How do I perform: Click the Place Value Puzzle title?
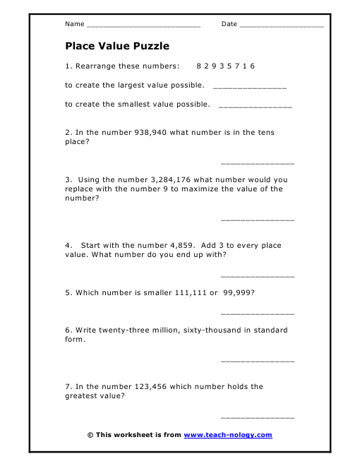[117, 47]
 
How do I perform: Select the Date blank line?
[282, 25]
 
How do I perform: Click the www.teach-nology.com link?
[228, 435]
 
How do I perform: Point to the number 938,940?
[150, 132]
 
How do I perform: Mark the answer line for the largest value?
[249, 88]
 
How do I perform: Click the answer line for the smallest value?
[256, 107]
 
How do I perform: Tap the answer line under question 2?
[258, 164]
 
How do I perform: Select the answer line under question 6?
[258, 362]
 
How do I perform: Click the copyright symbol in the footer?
[90, 435]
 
